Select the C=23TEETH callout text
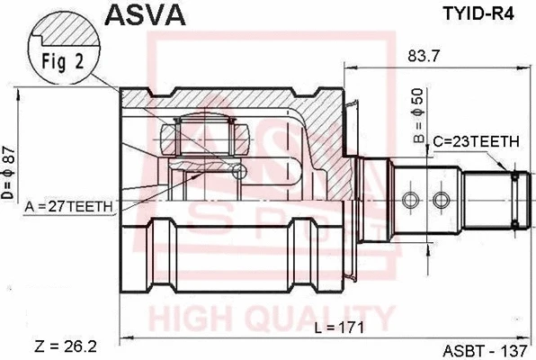coord(474,141)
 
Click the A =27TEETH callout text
coord(68,206)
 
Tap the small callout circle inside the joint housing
coord(239,169)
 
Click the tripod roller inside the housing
coord(207,137)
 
